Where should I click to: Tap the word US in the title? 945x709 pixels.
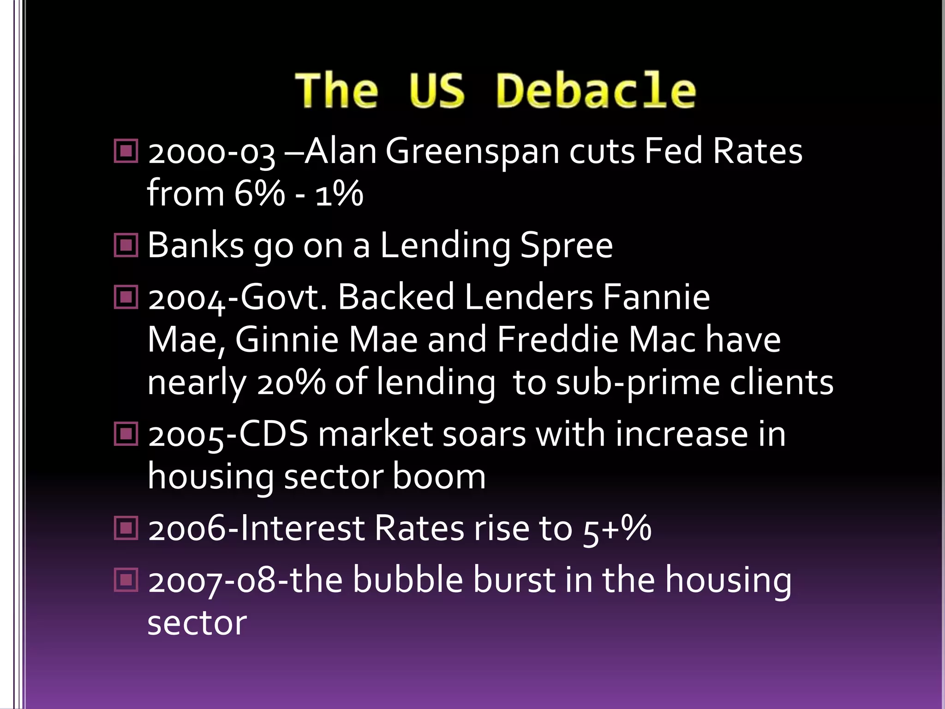[x=437, y=91]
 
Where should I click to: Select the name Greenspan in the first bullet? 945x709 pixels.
[x=472, y=152]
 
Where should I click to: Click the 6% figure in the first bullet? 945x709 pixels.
[x=259, y=193]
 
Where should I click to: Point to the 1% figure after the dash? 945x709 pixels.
[x=339, y=193]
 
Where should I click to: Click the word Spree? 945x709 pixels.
[x=566, y=246]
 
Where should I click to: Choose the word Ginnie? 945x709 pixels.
[x=287, y=340]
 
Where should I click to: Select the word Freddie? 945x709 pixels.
[x=557, y=340]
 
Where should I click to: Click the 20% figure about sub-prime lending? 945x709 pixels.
[x=291, y=383]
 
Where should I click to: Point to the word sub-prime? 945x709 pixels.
[x=637, y=383]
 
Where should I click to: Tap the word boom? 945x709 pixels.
[x=439, y=477]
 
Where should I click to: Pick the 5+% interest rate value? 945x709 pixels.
[x=617, y=529]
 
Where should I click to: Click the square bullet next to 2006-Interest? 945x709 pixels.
[x=126, y=528]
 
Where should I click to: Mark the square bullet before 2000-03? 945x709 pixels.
[x=126, y=151]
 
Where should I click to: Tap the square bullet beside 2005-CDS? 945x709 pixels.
[x=126, y=434]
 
